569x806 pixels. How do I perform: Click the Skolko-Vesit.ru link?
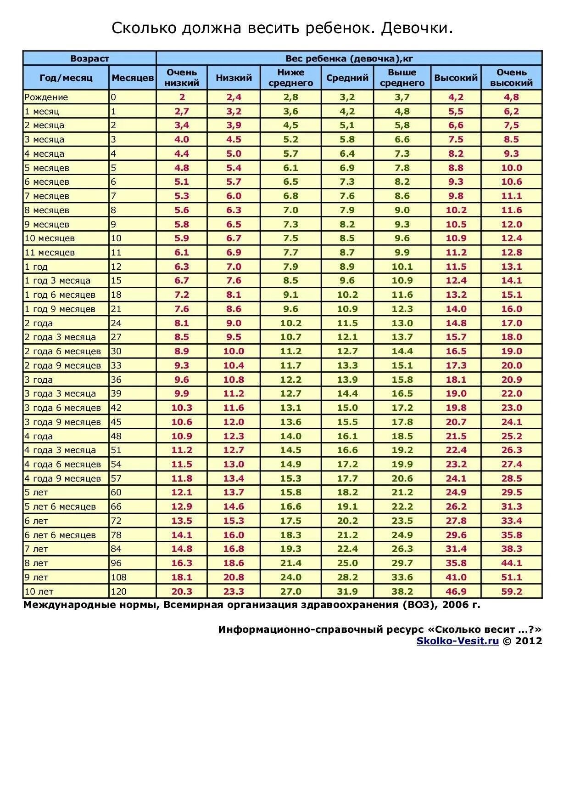[x=457, y=641]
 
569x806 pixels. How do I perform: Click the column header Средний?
[x=347, y=78]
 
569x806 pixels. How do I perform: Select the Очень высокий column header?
[x=511, y=78]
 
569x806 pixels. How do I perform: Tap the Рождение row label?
[x=46, y=97]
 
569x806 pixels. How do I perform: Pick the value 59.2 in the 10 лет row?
[x=511, y=591]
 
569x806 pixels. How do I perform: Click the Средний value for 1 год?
[x=347, y=267]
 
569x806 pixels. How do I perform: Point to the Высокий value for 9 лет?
[x=456, y=577]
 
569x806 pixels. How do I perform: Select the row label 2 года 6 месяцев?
[x=63, y=352]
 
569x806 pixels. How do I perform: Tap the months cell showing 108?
[x=118, y=577]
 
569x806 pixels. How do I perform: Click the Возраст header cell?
[x=89, y=58]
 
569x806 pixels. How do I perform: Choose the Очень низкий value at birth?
[x=182, y=97]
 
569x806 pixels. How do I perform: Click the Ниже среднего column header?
[x=290, y=78]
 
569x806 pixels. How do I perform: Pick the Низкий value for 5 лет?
[x=234, y=493]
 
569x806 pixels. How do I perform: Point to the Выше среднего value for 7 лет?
[x=402, y=549]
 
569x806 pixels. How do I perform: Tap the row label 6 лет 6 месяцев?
[x=60, y=535]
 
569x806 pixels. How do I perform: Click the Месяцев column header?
[x=133, y=78]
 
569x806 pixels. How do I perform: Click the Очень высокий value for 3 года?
[x=511, y=380]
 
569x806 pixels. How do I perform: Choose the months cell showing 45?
[x=116, y=422]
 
